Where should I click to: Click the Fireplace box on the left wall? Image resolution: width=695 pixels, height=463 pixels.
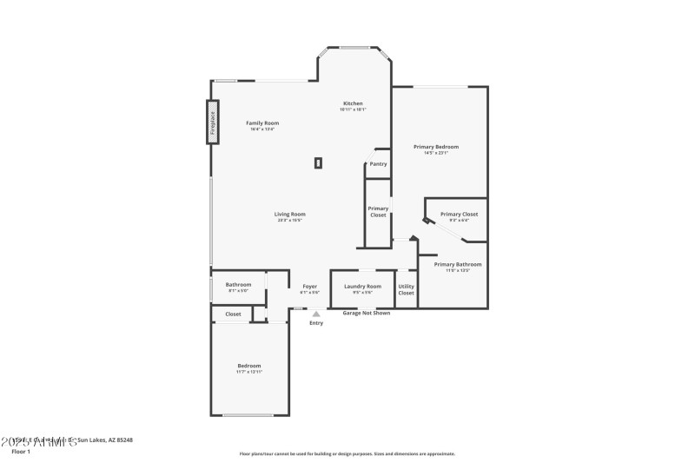click(210, 122)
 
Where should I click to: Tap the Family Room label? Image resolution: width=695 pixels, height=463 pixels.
click(262, 123)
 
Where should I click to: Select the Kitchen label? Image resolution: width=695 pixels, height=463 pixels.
click(353, 103)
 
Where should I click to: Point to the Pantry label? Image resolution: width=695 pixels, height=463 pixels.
click(378, 163)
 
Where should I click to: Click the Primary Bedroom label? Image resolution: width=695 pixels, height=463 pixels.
click(436, 147)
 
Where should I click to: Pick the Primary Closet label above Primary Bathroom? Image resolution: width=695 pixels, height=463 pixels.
click(459, 215)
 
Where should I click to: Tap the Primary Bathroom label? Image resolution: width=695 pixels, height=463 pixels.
click(458, 264)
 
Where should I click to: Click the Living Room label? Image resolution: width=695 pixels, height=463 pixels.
click(290, 215)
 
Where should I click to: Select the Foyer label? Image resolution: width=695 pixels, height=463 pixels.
click(309, 287)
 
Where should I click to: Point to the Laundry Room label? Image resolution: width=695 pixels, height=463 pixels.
click(362, 287)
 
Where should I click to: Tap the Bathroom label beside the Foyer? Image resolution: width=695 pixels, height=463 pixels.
click(239, 285)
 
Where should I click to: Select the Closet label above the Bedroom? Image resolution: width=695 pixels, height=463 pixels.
click(233, 314)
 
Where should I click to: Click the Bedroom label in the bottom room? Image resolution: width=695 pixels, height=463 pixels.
click(248, 366)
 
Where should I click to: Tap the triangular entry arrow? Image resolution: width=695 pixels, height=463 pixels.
click(316, 314)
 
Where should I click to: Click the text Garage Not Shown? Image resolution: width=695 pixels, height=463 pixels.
click(366, 313)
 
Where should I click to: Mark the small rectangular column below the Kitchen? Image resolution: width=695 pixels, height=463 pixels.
click(319, 162)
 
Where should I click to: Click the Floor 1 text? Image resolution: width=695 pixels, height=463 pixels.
click(21, 452)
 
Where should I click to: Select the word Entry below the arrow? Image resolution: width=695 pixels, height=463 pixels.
click(316, 323)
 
